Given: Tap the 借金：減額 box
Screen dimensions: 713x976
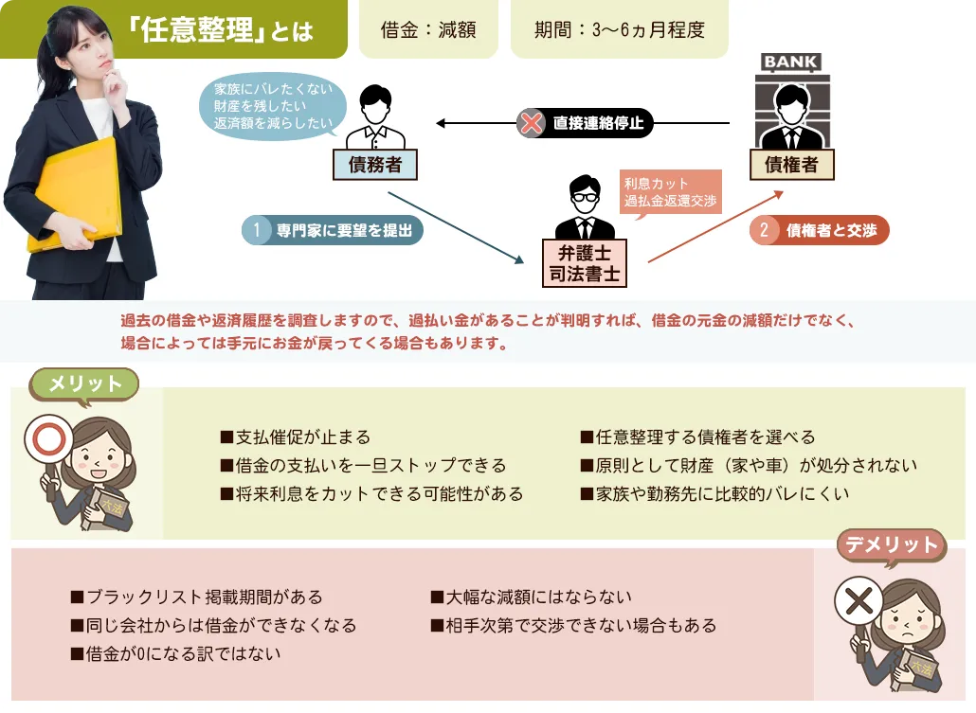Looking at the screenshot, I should tap(428, 30).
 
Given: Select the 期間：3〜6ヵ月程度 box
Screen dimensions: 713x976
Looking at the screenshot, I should tap(619, 30).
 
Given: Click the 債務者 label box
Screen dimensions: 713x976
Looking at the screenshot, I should tap(375, 165).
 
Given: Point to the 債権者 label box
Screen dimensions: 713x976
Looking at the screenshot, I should tap(791, 165).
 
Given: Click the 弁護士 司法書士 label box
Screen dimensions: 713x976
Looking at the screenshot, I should tap(585, 262).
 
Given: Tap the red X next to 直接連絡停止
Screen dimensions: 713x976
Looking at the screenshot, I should tap(532, 123).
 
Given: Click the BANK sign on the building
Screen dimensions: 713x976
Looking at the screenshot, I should tap(791, 62).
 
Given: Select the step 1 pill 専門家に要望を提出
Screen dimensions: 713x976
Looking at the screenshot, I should tap(333, 230).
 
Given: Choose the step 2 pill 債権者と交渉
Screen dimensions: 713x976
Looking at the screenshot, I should tap(820, 230).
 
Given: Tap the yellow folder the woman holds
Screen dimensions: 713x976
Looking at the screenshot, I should tap(76, 194).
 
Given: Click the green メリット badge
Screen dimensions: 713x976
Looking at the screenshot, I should tap(85, 384).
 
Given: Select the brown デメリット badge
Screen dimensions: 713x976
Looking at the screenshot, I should tap(891, 544).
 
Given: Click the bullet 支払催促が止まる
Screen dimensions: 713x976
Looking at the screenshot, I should tap(295, 437).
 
